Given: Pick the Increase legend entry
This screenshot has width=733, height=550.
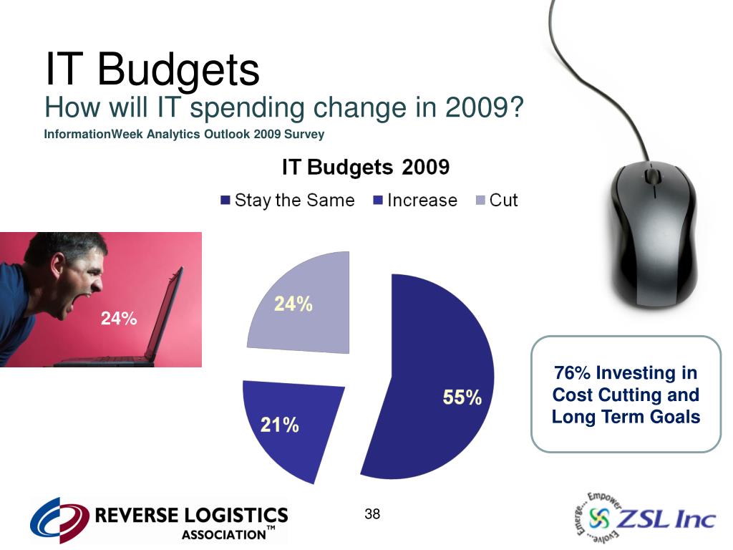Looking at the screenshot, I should click(x=415, y=201).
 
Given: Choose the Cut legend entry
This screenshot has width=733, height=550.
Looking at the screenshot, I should click(x=497, y=201).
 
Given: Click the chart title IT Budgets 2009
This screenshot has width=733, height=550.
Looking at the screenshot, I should click(x=366, y=168).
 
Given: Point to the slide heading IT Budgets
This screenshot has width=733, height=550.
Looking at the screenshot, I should click(x=152, y=69).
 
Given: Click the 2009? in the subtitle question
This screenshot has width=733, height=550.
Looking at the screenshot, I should click(x=486, y=109).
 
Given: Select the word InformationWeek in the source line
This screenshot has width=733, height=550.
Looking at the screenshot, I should click(x=93, y=134).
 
